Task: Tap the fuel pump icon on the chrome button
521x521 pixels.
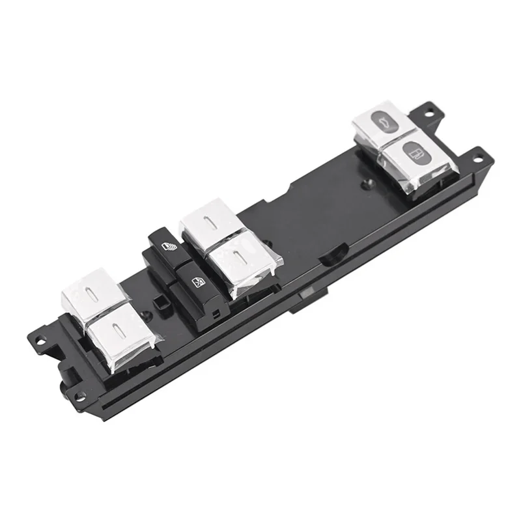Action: click(415, 154)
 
